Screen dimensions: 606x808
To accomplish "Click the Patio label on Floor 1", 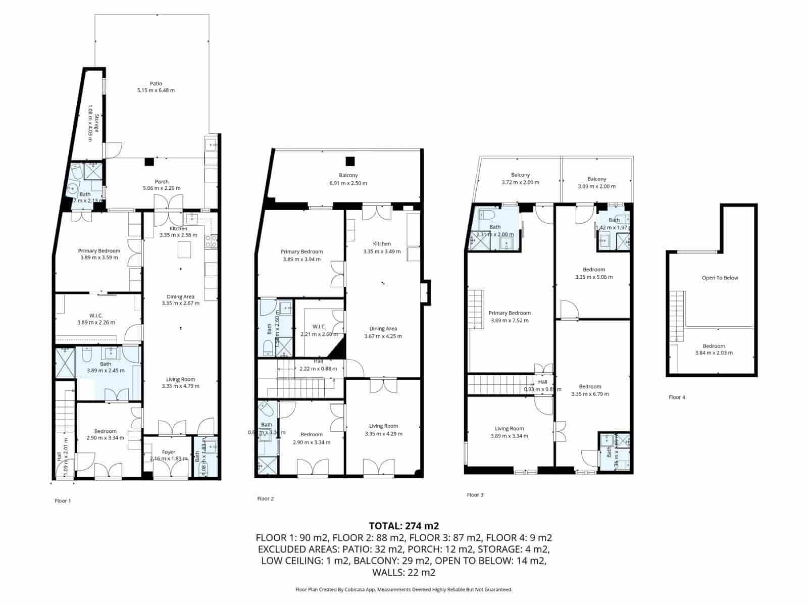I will click(x=156, y=84).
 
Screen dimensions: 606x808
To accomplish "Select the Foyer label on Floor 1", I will click(x=169, y=452).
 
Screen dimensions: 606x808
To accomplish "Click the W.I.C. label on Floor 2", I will click(x=319, y=326).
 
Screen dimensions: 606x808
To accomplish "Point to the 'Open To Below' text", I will click(x=720, y=278).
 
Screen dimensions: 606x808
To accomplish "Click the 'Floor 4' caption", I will click(x=677, y=397).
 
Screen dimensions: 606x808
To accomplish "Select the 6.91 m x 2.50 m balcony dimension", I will click(x=348, y=183).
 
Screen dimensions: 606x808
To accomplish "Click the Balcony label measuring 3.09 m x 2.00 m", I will click(x=596, y=179).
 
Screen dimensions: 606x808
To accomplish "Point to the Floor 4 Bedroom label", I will click(x=714, y=346).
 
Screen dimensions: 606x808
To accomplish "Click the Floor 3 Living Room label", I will click(x=509, y=428).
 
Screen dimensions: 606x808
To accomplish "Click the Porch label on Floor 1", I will click(x=162, y=181).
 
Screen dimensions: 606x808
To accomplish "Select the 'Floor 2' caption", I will click(x=265, y=499).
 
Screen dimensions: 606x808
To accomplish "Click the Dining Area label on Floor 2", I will click(x=383, y=329).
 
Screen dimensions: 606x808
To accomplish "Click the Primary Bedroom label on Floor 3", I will click(x=510, y=313).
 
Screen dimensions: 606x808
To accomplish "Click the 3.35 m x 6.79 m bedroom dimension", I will click(x=590, y=394).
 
